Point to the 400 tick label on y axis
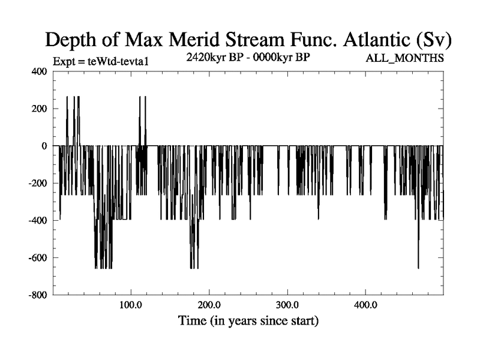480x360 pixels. click(x=38, y=71)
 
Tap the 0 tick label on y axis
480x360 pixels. click(x=43, y=146)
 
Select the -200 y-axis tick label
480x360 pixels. click(x=37, y=183)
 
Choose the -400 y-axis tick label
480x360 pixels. click(x=37, y=220)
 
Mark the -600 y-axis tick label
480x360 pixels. click(x=37, y=258)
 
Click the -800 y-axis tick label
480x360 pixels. click(x=37, y=295)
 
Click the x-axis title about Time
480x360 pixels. click(x=248, y=321)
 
